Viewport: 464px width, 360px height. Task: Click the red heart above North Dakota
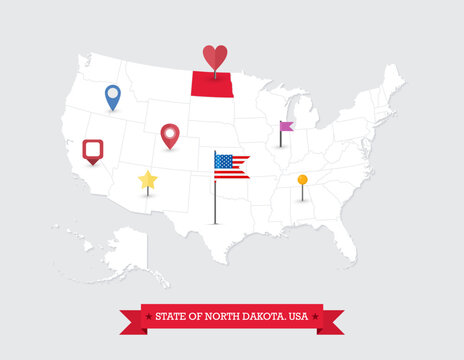(x=214, y=56)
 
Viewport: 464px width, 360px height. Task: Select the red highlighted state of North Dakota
(x=212, y=85)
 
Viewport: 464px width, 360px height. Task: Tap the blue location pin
(x=112, y=96)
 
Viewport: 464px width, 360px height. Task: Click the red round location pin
(x=169, y=133)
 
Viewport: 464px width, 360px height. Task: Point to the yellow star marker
(x=148, y=180)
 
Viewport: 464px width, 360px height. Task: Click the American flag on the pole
(x=232, y=166)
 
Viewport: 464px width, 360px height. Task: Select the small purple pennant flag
(x=287, y=126)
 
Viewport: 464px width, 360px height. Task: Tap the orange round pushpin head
(x=302, y=180)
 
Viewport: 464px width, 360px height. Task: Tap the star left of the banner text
(x=149, y=317)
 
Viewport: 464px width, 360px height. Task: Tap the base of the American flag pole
(x=215, y=222)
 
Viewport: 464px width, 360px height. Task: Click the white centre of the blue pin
(x=112, y=94)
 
